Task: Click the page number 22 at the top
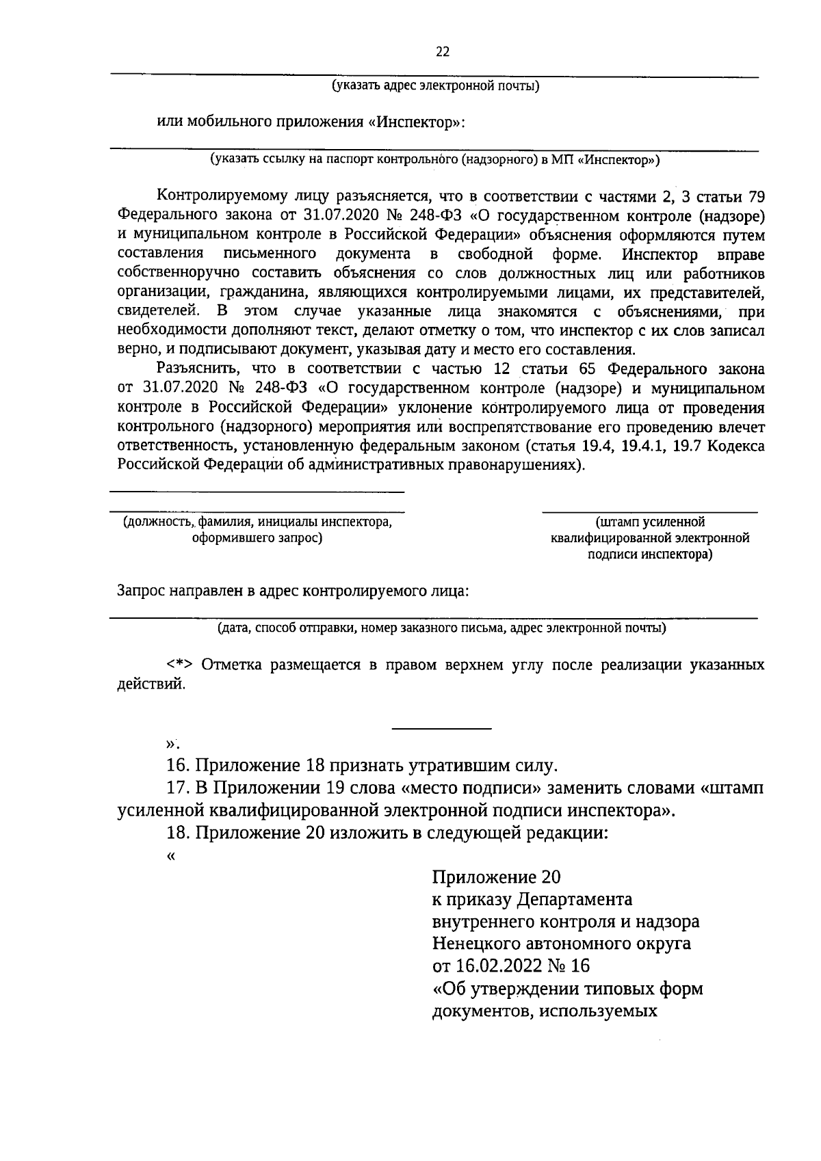[443, 52]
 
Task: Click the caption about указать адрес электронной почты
[436, 86]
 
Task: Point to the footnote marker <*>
[180, 665]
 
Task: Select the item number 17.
[178, 788]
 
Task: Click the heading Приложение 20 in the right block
[497, 877]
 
